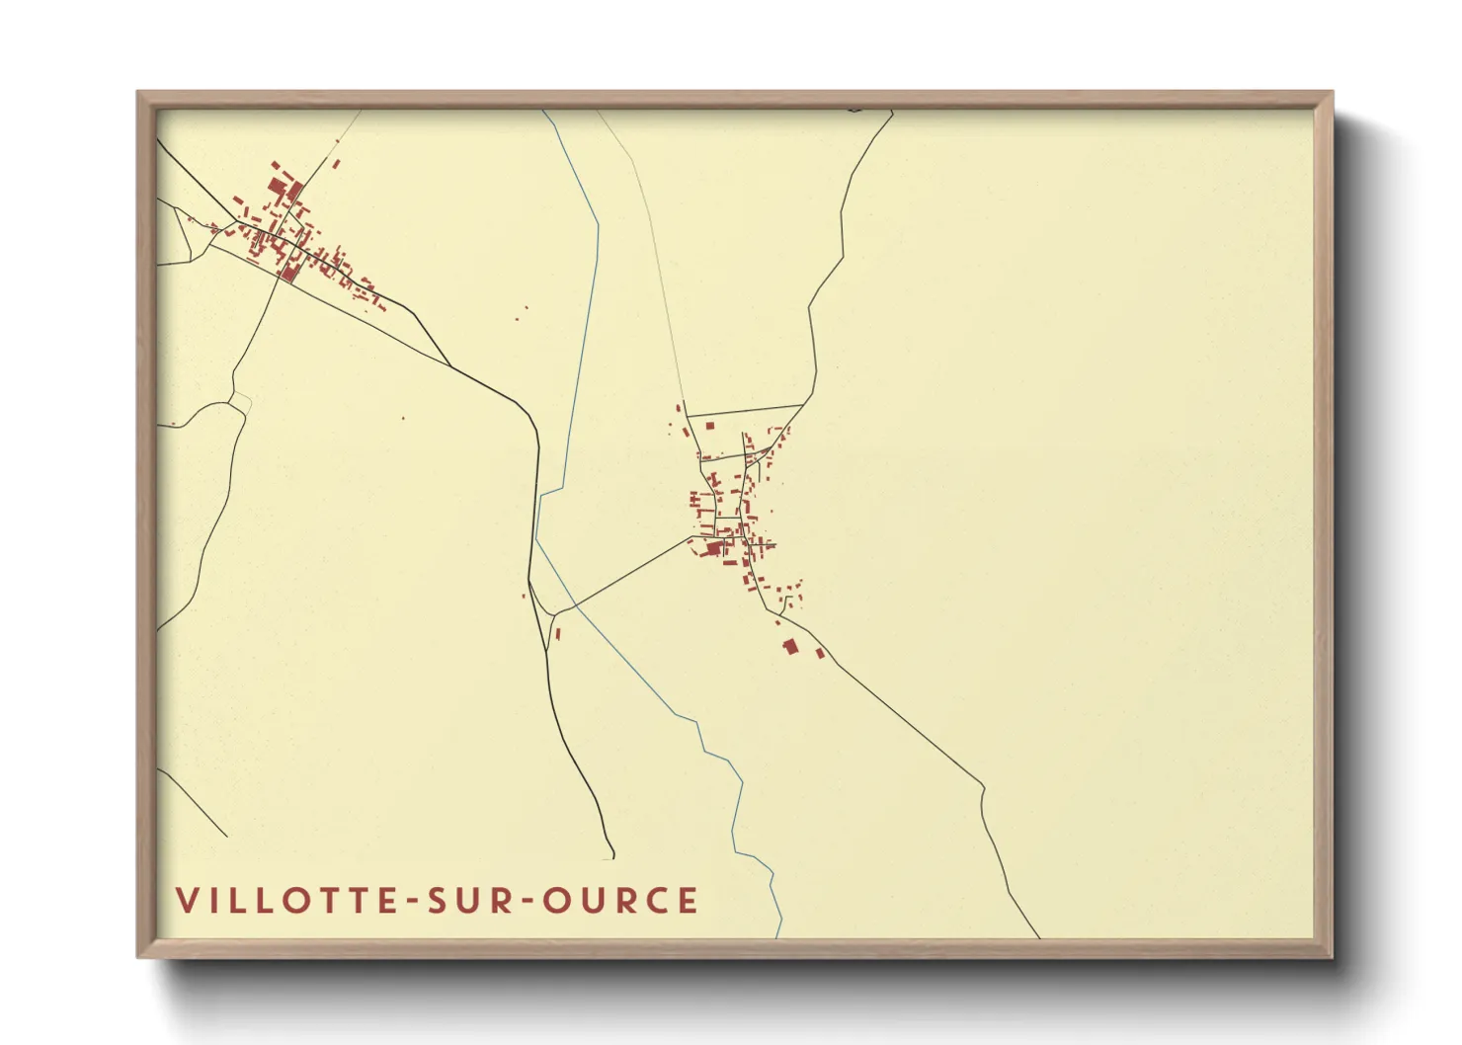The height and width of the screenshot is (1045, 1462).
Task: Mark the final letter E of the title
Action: (x=689, y=901)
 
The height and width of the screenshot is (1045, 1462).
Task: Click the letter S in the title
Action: (x=438, y=901)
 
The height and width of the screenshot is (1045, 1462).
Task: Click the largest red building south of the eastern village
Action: (x=789, y=646)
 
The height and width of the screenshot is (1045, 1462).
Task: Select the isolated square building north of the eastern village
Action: (x=709, y=426)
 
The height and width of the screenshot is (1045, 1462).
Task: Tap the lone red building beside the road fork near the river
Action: (x=558, y=633)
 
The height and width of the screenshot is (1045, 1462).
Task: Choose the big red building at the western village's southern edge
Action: (x=288, y=272)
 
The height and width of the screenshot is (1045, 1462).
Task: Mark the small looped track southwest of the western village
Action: (x=240, y=401)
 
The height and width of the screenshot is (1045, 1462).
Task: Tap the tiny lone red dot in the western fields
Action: (x=403, y=418)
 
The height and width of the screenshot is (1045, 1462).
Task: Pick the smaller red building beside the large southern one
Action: (x=819, y=653)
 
